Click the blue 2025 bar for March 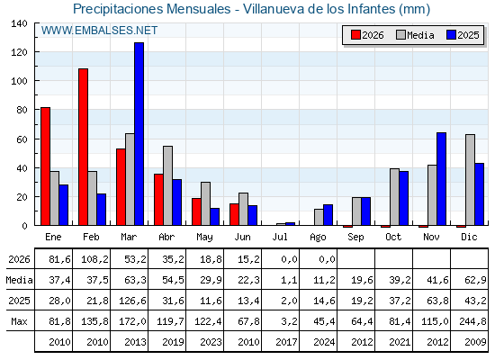point(139,134)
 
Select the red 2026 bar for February point(83,147)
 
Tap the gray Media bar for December point(470,180)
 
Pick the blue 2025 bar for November point(441,179)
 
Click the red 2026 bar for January point(45,166)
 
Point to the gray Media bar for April point(167,185)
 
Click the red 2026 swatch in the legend point(355,35)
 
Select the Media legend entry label point(420,35)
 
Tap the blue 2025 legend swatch point(451,35)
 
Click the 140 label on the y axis point(19,23)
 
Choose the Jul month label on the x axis point(280,237)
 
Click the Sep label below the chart point(355,238)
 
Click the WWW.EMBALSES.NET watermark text point(99,31)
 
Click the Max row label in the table point(19,321)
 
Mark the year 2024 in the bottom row point(324,342)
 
